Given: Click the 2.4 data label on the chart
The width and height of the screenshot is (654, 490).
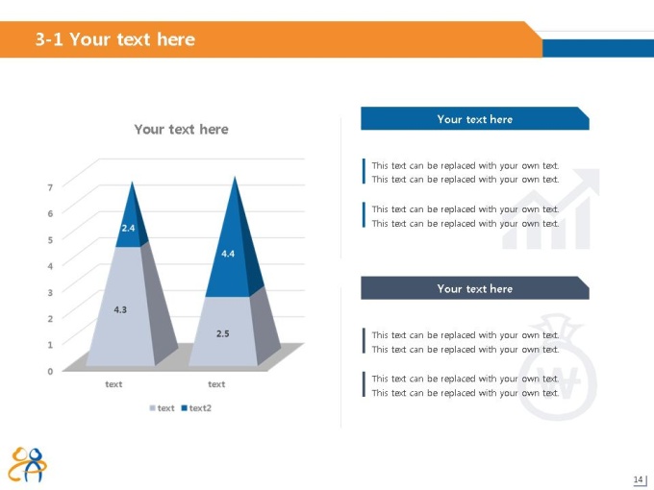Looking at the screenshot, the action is point(128,228).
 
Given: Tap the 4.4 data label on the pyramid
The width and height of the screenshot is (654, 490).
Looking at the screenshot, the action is point(228,254).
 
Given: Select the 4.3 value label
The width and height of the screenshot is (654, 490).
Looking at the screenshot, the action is point(120,309).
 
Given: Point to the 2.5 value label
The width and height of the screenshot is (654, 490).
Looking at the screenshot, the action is point(223,333).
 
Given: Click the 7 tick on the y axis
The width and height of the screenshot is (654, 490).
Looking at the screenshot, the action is point(50,187).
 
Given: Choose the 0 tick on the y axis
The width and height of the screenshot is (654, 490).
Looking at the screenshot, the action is point(50,371).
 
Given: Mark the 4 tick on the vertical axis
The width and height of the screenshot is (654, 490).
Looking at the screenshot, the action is point(50,266).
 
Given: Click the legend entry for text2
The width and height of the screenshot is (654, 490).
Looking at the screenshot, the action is point(196,408).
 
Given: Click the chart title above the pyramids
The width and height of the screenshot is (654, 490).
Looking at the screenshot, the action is point(181,129).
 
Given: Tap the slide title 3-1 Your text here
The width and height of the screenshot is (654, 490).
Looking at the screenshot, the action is point(115,39).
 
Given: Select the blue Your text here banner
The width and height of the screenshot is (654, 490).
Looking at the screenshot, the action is point(475,119).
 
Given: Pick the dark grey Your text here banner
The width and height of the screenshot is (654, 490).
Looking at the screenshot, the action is point(475,288).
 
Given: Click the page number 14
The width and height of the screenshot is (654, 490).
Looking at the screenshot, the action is point(638,479).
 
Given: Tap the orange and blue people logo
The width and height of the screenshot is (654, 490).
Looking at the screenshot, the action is point(28,465).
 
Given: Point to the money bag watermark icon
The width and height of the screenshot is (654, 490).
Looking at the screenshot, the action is point(557,367).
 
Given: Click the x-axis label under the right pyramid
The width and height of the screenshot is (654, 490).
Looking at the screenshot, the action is point(216,384).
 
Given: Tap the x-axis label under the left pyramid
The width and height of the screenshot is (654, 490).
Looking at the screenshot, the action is point(113,384).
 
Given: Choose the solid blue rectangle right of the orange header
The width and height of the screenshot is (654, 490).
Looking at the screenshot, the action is point(598,48).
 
